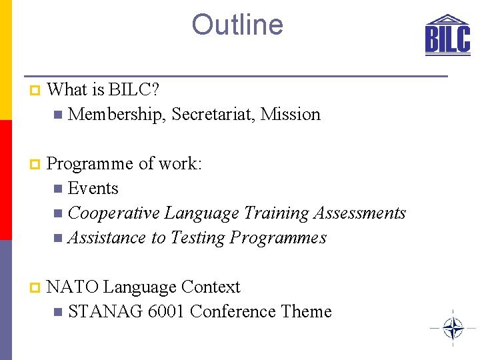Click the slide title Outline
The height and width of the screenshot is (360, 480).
[237, 25]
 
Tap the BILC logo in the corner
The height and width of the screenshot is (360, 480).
[447, 34]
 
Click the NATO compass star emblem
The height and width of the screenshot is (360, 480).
[453, 328]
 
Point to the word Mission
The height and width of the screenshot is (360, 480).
[291, 115]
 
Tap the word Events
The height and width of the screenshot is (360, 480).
[93, 189]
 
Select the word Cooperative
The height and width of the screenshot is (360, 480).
[113, 213]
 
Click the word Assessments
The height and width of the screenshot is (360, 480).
[361, 213]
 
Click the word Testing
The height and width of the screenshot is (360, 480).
[198, 238]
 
